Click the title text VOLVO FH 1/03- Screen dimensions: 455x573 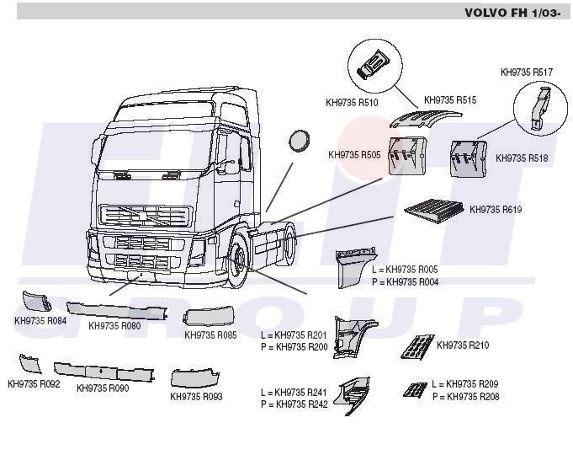coord(515,13)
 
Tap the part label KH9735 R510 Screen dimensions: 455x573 coord(352,103)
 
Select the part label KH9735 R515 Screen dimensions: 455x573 coord(450,100)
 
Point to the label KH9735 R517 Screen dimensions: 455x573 coord(526,72)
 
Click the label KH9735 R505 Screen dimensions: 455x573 coord(354,155)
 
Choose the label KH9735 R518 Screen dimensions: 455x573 coord(522,158)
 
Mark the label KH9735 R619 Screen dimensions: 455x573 coord(496,209)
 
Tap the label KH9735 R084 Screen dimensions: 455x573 coord(40,320)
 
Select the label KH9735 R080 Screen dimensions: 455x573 coord(114,325)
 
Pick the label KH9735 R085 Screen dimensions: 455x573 coord(210,335)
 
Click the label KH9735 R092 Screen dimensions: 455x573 coord(34,384)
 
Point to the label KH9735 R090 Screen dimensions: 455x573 coord(103,388)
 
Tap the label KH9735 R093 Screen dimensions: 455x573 coord(196,396)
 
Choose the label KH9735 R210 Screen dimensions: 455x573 coord(463,345)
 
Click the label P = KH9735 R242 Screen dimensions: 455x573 coord(294,404)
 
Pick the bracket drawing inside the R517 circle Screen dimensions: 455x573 coord(537,110)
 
